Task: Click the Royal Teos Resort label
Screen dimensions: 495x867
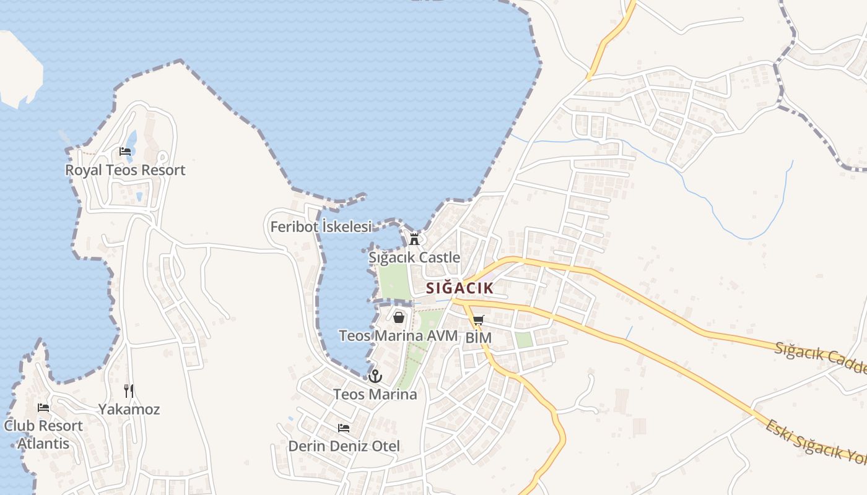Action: [x=125, y=170]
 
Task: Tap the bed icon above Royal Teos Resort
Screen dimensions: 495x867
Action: [x=125, y=152]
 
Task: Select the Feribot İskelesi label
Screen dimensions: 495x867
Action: [x=321, y=227]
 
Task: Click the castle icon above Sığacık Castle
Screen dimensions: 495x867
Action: [x=414, y=239]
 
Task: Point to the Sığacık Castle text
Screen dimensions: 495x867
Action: [x=414, y=257]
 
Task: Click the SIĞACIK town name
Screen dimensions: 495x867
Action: [x=460, y=288]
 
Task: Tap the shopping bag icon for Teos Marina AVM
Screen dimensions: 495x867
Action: [x=399, y=317]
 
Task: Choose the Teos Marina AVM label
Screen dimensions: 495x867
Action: [x=398, y=336]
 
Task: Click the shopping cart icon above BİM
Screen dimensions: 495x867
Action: [x=478, y=321]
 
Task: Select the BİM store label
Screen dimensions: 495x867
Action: [x=478, y=338]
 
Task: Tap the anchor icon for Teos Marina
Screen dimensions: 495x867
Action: [x=375, y=376]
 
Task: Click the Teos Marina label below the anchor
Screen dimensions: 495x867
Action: [x=375, y=394]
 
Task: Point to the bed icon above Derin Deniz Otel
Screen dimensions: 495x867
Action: [x=344, y=428]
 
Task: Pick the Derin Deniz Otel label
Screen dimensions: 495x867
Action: [x=344, y=446]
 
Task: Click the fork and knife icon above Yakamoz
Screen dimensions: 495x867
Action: [x=129, y=390]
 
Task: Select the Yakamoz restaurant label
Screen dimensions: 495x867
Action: [x=129, y=409]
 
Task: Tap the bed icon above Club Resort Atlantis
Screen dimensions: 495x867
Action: [x=43, y=408]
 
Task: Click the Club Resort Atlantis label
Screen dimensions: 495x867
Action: [x=43, y=434]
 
